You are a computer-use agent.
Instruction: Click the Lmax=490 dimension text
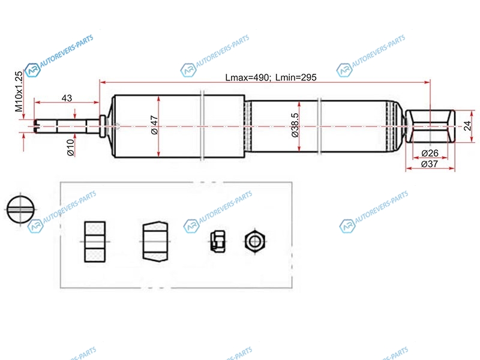coord(248,77)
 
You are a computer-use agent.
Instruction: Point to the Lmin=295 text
coord(296,77)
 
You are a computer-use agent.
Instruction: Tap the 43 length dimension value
coord(67,98)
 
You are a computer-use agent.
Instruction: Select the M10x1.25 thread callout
coord(19,91)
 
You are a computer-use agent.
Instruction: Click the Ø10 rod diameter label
coord(71,147)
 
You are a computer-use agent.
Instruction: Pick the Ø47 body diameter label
coord(155,125)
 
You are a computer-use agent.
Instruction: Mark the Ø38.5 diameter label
coord(295,125)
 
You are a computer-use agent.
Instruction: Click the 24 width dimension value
coord(467,125)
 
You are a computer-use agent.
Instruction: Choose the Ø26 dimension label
coord(430,153)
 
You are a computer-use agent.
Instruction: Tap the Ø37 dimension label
coord(430,164)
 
